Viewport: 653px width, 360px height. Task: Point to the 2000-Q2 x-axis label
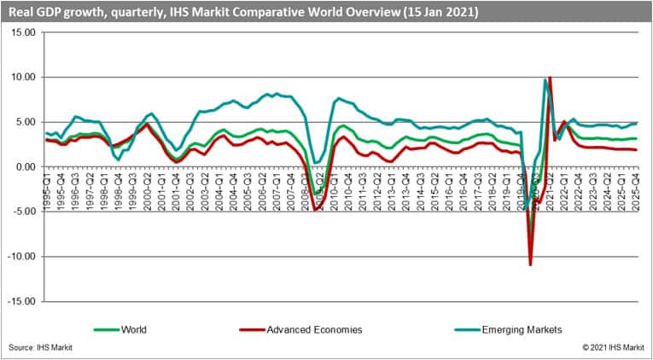(x=148, y=189)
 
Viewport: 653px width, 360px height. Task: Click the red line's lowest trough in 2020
(x=531, y=265)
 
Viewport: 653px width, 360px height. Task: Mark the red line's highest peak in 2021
(x=550, y=78)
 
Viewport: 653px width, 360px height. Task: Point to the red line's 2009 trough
(x=317, y=209)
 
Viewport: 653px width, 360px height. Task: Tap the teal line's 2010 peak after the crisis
(x=339, y=98)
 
